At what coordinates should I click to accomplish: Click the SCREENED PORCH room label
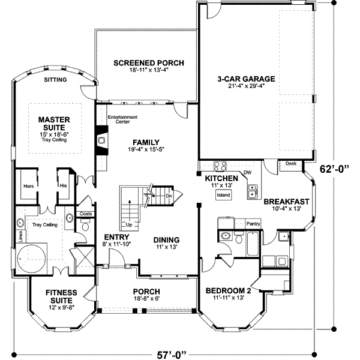[148, 63]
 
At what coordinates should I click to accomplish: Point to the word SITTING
[56, 79]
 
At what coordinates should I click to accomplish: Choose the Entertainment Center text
[122, 119]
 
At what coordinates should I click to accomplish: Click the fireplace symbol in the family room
[101, 140]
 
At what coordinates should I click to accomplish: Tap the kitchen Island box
[224, 195]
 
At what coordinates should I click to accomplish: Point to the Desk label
[291, 163]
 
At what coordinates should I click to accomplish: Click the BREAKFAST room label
[286, 202]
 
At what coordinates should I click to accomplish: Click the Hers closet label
[26, 185]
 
